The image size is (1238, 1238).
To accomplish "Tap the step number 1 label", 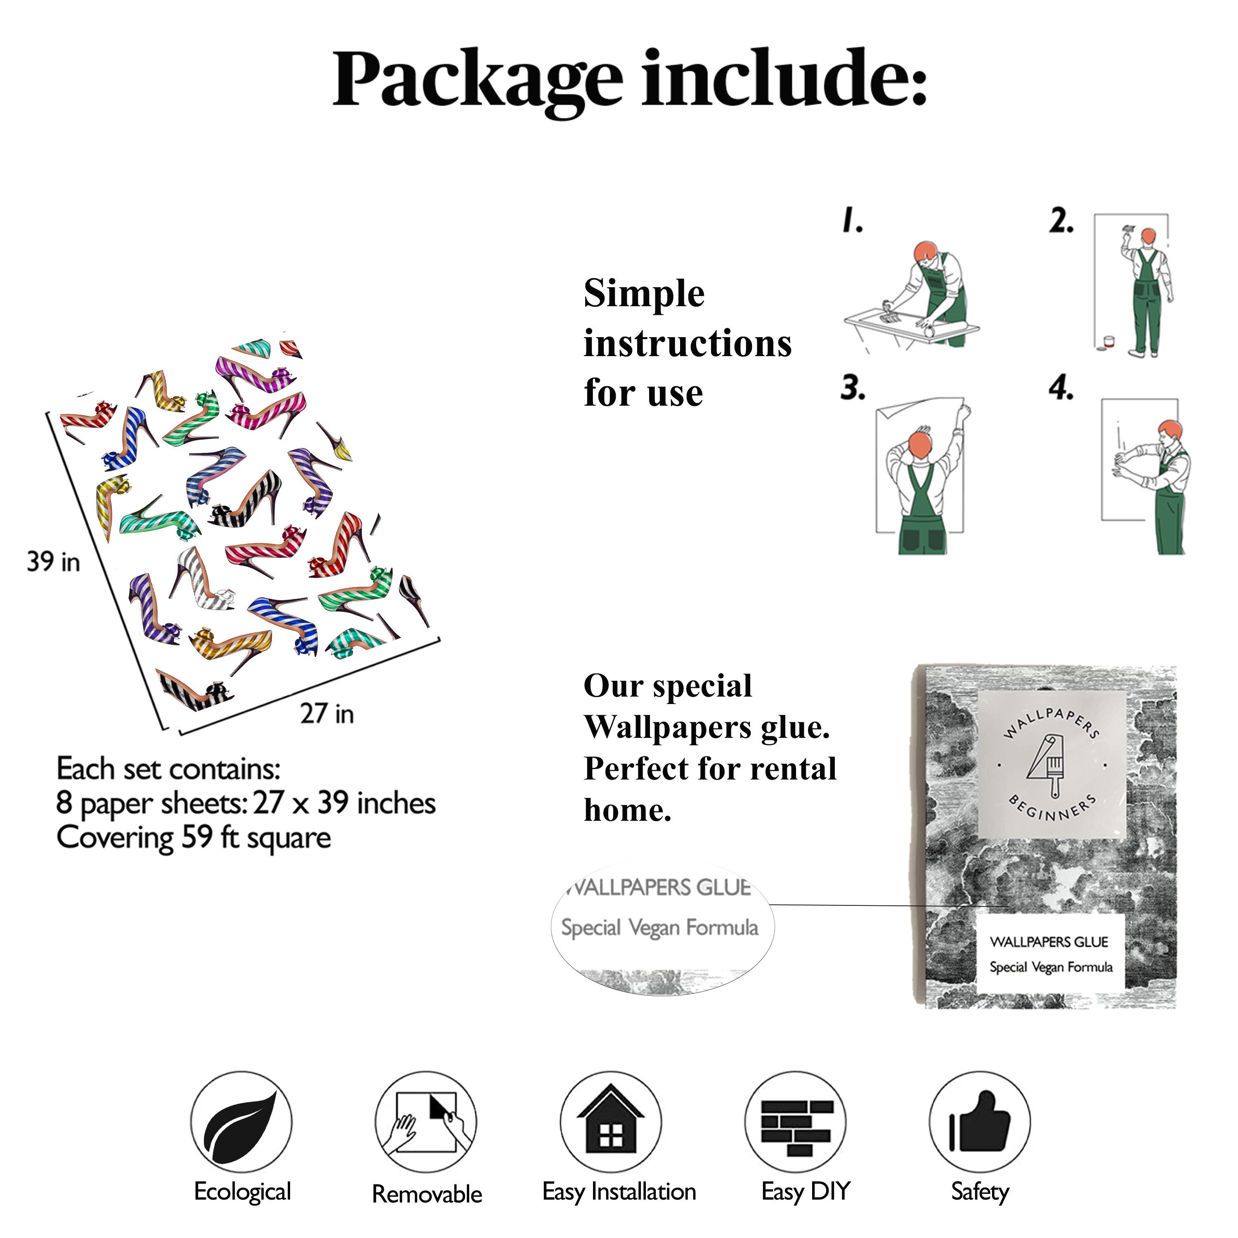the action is pos(852,220).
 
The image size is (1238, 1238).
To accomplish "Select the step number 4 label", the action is pos(1061,388).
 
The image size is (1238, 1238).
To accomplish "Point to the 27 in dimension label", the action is pos(327,713).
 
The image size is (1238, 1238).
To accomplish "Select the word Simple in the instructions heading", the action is pos(644,294).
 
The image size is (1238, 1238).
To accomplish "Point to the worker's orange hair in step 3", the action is pos(920,444).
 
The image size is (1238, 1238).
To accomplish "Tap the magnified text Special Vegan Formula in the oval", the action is pos(659,927).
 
